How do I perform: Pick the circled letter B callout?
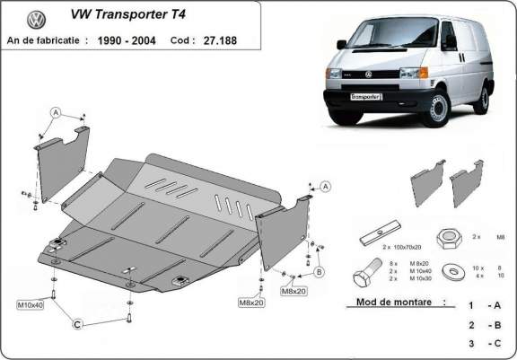[x=319, y=271]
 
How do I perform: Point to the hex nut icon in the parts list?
[x=448, y=238]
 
